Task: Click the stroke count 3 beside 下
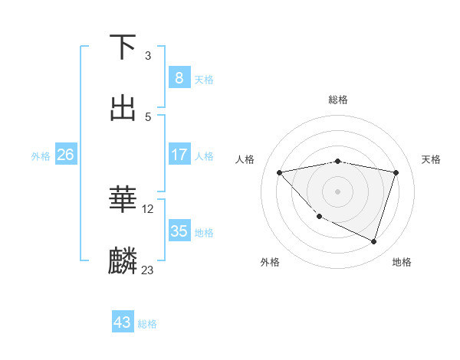(x=148, y=56)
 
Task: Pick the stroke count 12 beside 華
(x=148, y=208)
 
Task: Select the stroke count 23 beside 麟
(x=148, y=270)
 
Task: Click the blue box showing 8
(x=179, y=77)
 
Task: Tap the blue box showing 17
(x=179, y=155)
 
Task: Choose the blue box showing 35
(x=179, y=231)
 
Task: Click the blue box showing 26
(x=65, y=155)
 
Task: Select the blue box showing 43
(x=123, y=322)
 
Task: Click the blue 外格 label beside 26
(x=41, y=155)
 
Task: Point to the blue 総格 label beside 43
(x=147, y=324)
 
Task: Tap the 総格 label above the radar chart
(x=338, y=100)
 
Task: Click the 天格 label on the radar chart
(x=431, y=159)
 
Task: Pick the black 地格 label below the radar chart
(x=402, y=262)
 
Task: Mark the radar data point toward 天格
(x=396, y=172)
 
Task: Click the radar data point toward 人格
(x=279, y=172)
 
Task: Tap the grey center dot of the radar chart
(x=338, y=191)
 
